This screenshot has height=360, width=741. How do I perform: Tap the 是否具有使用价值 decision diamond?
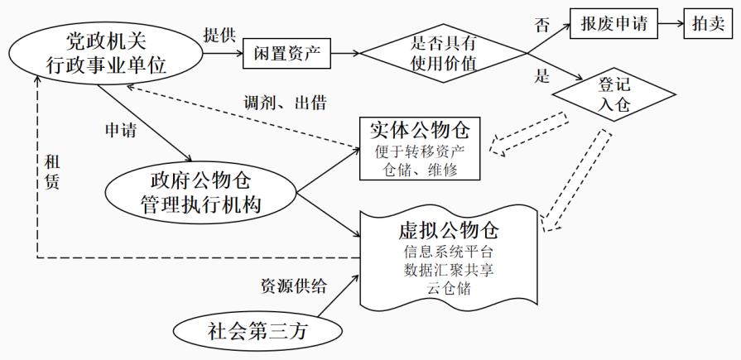pos(444,55)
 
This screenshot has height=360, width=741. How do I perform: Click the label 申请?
pos(120,130)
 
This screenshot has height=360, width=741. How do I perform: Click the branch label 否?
pos(541,26)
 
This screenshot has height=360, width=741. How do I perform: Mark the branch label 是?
pos(542,78)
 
